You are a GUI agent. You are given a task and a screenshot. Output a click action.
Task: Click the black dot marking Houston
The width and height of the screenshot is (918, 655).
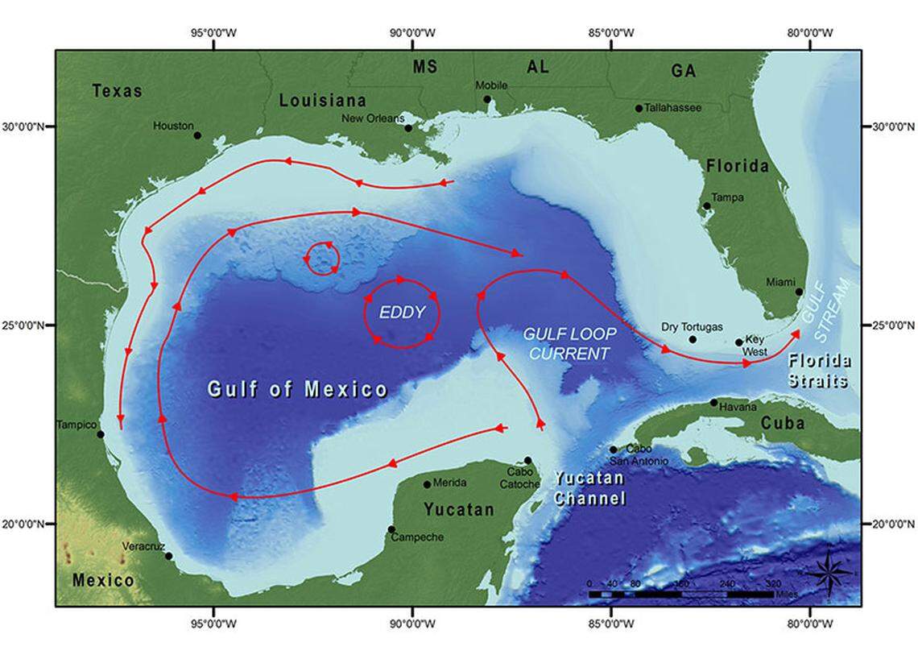pyautogui.click(x=197, y=135)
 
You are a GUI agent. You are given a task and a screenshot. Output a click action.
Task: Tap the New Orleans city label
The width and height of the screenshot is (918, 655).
pyautogui.click(x=374, y=118)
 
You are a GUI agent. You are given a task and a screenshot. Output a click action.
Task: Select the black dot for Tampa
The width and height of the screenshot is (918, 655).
pyautogui.click(x=707, y=206)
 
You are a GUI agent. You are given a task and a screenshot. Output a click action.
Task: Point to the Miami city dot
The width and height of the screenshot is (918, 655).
pyautogui.click(x=799, y=292)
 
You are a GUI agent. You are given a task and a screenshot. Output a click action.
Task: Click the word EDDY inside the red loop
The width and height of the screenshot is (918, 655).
pyautogui.click(x=402, y=313)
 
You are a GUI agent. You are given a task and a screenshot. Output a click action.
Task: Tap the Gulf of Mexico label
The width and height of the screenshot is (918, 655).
pyautogui.click(x=298, y=390)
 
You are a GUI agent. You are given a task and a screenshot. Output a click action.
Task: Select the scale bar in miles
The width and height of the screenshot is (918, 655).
pyautogui.click(x=681, y=594)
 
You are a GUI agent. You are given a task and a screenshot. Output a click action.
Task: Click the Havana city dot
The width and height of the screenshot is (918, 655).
pyautogui.click(x=713, y=402)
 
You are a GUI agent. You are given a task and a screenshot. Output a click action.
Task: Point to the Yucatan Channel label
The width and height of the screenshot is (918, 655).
pyautogui.click(x=589, y=489)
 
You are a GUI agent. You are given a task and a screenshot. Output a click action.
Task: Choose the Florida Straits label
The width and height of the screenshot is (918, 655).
pyautogui.click(x=818, y=370)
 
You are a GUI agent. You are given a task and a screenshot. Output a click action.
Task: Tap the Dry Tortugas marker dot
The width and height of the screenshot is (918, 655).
pyautogui.click(x=693, y=339)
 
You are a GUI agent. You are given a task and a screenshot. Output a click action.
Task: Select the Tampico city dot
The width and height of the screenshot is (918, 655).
pyautogui.click(x=101, y=434)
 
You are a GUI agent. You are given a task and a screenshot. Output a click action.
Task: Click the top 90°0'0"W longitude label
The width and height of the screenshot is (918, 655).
pyautogui.click(x=413, y=33)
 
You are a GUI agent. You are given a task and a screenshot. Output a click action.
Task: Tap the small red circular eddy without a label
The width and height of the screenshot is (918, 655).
pyautogui.click(x=323, y=259)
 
